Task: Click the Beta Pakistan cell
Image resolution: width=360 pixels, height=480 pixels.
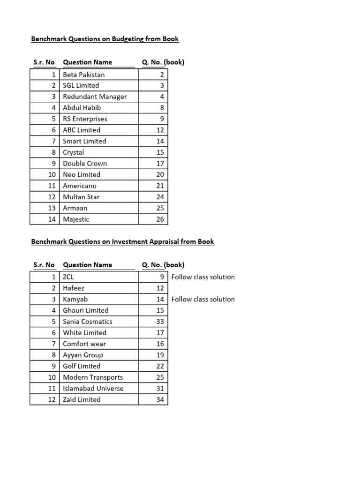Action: (84, 75)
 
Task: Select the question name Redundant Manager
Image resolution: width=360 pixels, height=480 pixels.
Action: (95, 97)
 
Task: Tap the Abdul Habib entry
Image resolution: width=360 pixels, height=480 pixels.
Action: (82, 108)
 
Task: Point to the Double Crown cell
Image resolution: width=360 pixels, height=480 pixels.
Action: (85, 164)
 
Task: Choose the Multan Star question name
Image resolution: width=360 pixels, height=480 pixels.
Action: (81, 197)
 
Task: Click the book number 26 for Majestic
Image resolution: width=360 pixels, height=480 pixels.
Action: (160, 219)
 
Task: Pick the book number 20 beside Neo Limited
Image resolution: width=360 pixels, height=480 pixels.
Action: (160, 175)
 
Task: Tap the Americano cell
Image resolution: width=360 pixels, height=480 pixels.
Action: (80, 186)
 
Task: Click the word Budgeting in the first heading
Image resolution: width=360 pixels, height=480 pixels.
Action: (128, 39)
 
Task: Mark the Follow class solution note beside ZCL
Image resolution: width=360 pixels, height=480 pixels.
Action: (203, 277)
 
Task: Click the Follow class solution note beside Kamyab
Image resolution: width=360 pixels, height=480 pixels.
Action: (203, 300)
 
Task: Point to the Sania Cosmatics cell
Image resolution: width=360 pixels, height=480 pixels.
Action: (88, 322)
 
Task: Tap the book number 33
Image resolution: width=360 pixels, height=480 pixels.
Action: (160, 322)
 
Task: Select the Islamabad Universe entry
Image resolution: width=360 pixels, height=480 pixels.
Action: (93, 389)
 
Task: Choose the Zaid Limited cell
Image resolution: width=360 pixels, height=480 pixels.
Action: (82, 400)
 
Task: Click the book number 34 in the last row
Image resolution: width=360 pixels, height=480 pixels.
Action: (160, 400)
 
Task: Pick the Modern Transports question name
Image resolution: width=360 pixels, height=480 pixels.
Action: (93, 377)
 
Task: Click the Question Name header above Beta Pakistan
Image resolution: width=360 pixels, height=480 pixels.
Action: (88, 62)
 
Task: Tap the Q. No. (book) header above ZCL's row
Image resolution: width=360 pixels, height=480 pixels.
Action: (163, 265)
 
